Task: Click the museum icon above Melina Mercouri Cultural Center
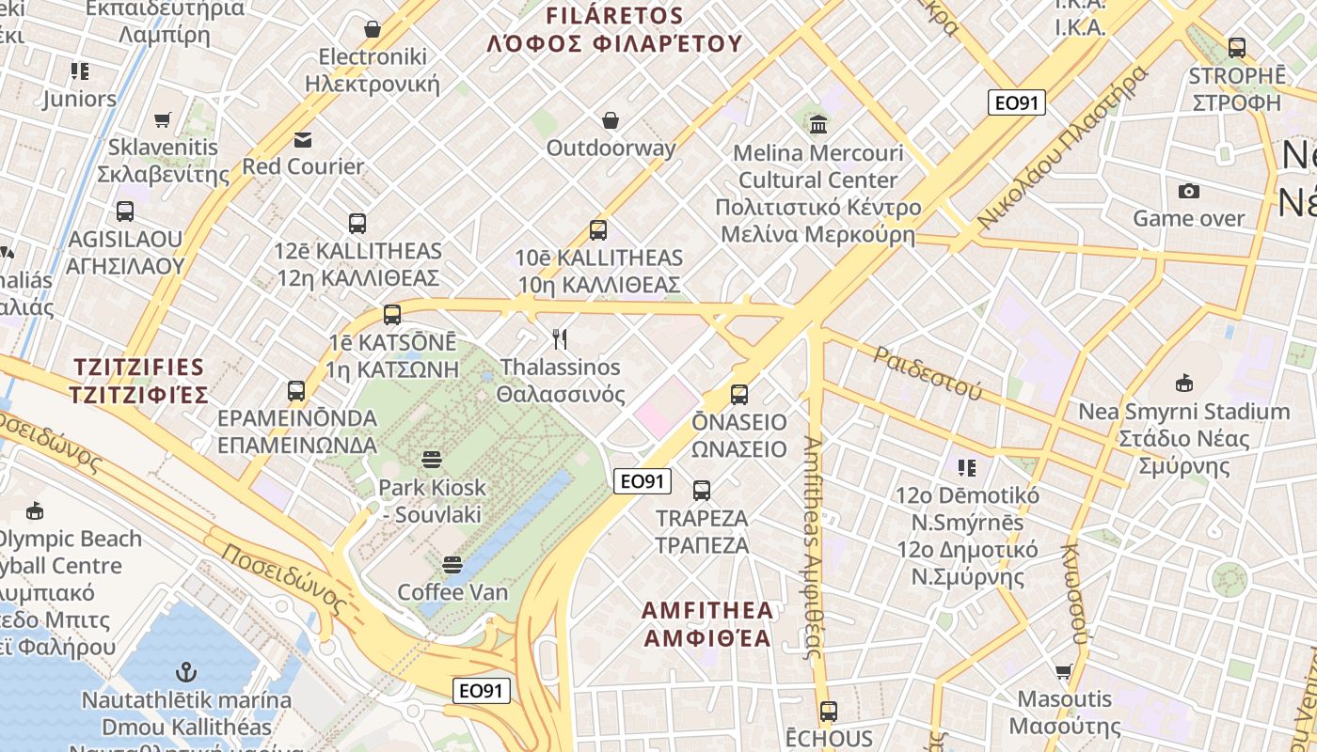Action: point(817,123)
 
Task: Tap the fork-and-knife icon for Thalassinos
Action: point(561,338)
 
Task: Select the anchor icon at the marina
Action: point(186,672)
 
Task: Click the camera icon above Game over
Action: point(1188,191)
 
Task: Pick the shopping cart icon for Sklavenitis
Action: point(163,119)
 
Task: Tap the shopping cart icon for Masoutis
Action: point(1063,671)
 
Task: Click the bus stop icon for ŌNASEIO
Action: point(739,394)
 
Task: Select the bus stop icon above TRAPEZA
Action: point(702,490)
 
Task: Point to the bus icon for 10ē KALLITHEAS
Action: point(598,229)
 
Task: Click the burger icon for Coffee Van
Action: point(452,564)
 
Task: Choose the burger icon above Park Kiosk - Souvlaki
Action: point(432,460)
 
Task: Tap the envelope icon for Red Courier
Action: point(303,139)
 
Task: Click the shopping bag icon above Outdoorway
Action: point(611,120)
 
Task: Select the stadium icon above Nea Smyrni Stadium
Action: point(1183,383)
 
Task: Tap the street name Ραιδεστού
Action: point(927,371)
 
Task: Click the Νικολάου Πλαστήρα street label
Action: point(1063,148)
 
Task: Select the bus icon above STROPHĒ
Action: point(1237,48)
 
